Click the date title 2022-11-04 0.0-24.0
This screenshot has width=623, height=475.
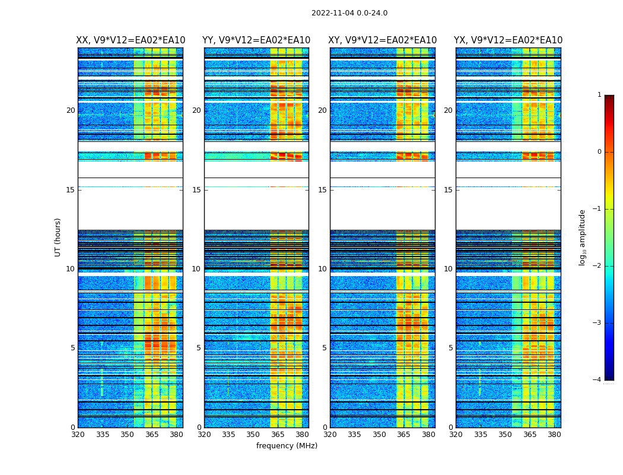tap(349, 13)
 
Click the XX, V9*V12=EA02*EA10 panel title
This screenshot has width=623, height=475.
tap(131, 40)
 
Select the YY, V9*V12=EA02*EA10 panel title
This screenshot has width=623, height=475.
tap(256, 40)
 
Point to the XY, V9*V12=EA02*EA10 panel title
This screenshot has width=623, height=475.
tap(382, 40)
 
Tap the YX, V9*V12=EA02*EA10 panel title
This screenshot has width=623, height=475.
tap(508, 40)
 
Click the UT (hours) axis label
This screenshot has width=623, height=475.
tap(58, 237)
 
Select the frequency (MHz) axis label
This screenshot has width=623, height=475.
tap(287, 446)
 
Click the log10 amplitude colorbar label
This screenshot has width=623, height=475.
tap(583, 237)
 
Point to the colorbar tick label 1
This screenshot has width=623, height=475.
tap(599, 95)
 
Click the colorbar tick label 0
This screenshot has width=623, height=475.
tap(599, 152)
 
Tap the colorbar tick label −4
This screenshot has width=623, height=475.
tap(597, 380)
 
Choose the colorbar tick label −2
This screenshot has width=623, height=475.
tap(597, 266)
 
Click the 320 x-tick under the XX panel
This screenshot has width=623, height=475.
tap(78, 435)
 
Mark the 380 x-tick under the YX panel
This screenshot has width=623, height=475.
tap(554, 435)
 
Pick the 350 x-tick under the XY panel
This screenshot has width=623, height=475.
tap(379, 435)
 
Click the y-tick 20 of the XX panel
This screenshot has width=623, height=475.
tap(71, 110)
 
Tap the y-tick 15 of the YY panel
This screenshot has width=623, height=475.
tap(196, 190)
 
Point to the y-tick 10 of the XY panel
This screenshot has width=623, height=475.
tap(322, 269)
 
